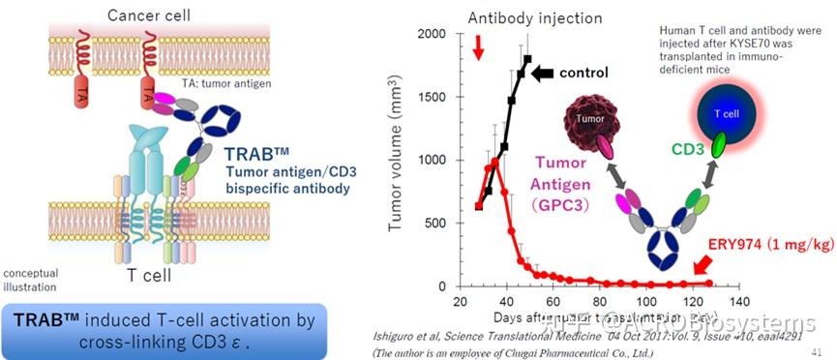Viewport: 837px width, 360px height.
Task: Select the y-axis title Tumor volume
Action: pos(398,160)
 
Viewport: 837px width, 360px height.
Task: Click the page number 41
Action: pos(819,350)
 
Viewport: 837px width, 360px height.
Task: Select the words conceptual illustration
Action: pos(35,279)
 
